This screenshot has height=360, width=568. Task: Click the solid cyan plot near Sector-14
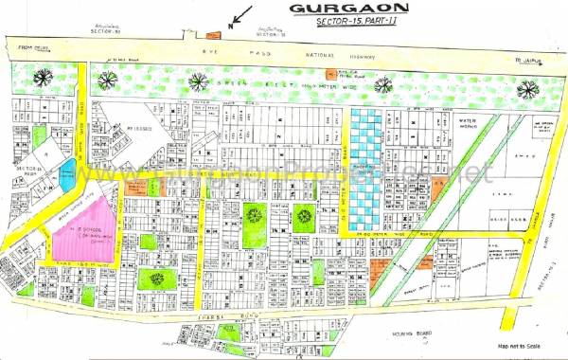coord(67,173)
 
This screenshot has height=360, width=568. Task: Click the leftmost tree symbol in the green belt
coord(42,77)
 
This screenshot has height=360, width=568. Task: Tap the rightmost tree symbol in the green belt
coord(527,90)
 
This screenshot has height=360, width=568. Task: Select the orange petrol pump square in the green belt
coord(330,73)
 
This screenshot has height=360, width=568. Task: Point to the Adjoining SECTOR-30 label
coord(104,29)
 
